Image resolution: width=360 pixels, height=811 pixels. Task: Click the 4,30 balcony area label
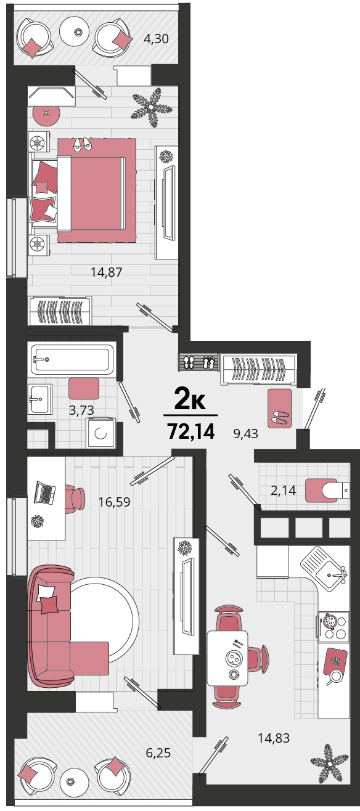156,38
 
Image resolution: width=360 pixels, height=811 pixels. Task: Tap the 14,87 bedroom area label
106,272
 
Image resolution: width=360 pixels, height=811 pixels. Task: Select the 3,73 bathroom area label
81,410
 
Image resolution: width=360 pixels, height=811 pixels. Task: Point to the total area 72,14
191,431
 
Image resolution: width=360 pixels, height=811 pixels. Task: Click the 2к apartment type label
190,398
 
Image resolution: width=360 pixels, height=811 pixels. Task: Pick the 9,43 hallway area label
245,433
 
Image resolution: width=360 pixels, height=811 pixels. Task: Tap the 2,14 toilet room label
283,491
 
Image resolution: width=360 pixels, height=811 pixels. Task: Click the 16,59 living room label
115,502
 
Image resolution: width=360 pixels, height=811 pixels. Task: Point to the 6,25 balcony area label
158,752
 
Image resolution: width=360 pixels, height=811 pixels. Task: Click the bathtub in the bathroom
72,359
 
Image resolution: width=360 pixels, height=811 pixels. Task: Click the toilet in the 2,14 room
328,491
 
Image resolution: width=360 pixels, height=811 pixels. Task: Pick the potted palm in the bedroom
151,107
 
